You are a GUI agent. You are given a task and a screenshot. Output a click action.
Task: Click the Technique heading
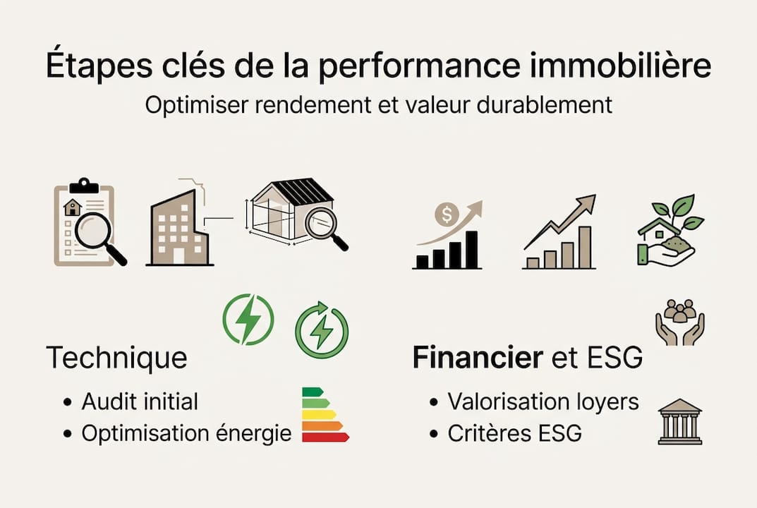click(x=116, y=358)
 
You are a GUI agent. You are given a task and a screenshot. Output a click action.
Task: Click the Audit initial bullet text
click(x=140, y=402)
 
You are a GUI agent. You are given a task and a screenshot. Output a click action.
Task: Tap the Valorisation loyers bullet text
click(x=543, y=402)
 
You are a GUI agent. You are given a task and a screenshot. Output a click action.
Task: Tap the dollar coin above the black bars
click(x=446, y=213)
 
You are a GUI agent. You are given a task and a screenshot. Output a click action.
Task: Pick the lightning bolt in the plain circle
click(x=248, y=320)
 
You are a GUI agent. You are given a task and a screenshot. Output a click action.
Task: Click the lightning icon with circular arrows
click(x=322, y=329)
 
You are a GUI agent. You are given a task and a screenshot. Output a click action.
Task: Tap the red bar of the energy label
click(x=325, y=437)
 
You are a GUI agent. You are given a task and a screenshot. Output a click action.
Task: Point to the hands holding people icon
click(x=679, y=322)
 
